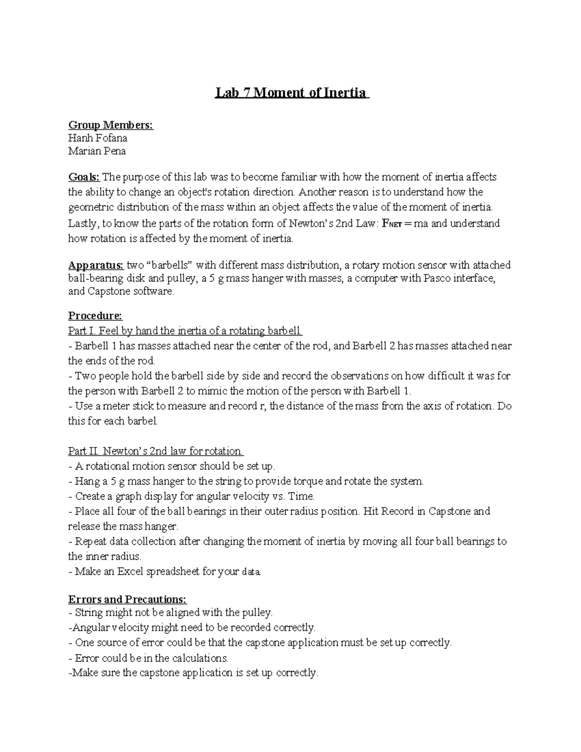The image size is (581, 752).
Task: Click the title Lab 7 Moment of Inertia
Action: coord(290,92)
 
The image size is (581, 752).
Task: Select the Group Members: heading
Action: coord(110,125)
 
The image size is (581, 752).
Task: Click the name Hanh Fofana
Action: coord(97,138)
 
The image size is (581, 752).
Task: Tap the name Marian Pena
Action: coord(97,151)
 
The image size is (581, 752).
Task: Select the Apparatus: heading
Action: coord(96,265)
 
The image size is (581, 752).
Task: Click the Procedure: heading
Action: coord(95,316)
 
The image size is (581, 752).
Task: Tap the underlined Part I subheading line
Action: coord(185,331)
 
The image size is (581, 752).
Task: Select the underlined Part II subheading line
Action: coord(155,451)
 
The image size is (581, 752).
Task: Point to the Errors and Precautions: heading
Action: coord(127,599)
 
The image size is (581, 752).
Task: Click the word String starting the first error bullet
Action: coord(89,613)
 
